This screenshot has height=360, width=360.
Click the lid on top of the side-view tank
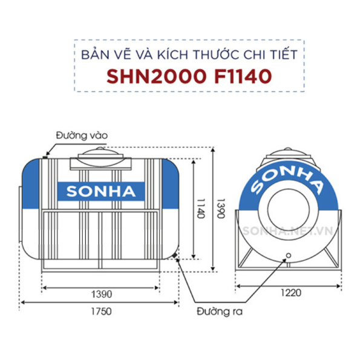click(x=100, y=155)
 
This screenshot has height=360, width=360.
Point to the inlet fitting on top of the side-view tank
click(x=47, y=156)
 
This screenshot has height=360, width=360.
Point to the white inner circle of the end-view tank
click(x=288, y=209)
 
